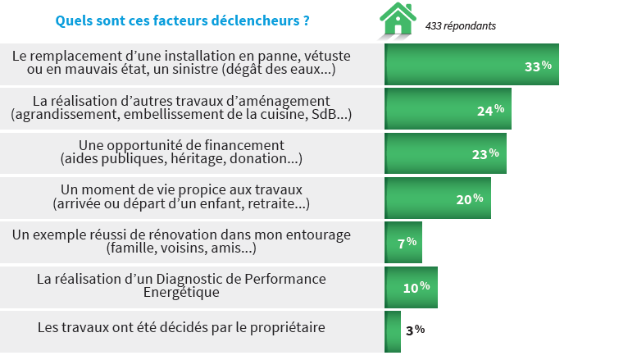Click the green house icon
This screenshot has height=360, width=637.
398,20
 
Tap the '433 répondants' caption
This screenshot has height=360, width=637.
460,25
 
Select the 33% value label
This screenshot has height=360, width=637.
538,66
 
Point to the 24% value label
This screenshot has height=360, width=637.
490,110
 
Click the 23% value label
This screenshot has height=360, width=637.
485,153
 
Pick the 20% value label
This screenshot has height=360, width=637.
470,198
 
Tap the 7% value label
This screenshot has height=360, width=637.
407,242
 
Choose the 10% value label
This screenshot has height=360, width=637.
416,286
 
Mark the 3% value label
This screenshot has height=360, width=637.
415,330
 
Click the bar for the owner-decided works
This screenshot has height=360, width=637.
393,330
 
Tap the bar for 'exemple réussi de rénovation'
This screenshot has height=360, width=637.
403,242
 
